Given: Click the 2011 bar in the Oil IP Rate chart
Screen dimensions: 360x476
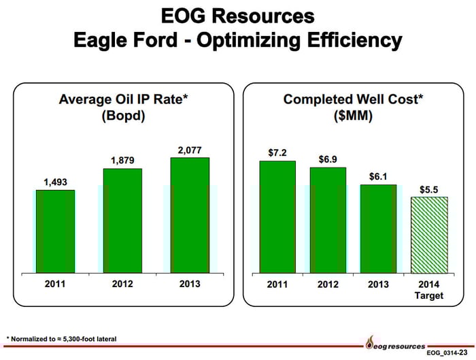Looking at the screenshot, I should pyautogui.click(x=56, y=231).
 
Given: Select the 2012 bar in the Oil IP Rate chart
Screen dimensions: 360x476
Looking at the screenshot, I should pyautogui.click(x=122, y=220).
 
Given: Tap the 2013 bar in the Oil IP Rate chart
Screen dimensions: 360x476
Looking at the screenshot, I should pyautogui.click(x=190, y=215).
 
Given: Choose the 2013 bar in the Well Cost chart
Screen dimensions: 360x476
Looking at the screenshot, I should pyautogui.click(x=378, y=229).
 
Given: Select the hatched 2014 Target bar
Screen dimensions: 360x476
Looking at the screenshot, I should pyautogui.click(x=429, y=235).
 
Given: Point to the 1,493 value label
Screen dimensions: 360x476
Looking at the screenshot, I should pyautogui.click(x=56, y=182).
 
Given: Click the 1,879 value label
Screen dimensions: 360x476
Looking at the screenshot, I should pyautogui.click(x=122, y=160).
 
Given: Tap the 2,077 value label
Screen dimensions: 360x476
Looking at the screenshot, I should pyautogui.click(x=190, y=149).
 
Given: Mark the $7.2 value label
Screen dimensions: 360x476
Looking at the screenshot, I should pyautogui.click(x=277, y=152).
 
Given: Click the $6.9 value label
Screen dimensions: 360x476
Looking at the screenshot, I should pyautogui.click(x=328, y=159).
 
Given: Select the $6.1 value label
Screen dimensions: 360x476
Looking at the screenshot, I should pyautogui.click(x=378, y=176).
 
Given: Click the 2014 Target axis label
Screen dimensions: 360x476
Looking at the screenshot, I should pyautogui.click(x=429, y=290).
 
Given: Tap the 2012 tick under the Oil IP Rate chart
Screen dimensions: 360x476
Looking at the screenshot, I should pyautogui.click(x=122, y=284).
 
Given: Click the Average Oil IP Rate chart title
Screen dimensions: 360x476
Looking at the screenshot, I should pyautogui.click(x=124, y=107).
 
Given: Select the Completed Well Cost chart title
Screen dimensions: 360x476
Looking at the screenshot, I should pyautogui.click(x=353, y=107).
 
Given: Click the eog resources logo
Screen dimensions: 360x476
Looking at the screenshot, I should pyautogui.click(x=395, y=346).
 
